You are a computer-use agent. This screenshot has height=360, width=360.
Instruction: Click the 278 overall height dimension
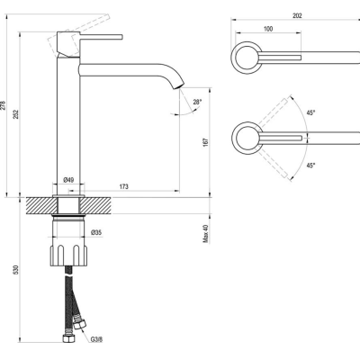3,105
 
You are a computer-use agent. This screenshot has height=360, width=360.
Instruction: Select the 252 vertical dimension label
16,114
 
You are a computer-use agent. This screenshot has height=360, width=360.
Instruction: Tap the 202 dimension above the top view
297,16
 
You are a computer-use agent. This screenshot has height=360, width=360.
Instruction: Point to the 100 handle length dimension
268,29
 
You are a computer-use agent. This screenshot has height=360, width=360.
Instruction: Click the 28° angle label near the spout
197,102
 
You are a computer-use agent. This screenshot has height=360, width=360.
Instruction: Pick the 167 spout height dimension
205,142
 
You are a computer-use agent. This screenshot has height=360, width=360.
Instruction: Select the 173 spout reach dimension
124,186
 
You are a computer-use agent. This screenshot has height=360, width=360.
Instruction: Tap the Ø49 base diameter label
68,180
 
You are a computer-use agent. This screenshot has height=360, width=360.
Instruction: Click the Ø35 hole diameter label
96,232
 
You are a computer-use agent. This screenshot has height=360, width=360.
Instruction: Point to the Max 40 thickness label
205,234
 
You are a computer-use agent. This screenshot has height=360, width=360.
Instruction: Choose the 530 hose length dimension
16,269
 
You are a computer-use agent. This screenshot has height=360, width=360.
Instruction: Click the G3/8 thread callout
96,339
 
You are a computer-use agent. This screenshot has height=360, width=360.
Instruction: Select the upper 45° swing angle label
310,112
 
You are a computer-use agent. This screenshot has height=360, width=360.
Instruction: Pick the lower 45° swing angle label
310,165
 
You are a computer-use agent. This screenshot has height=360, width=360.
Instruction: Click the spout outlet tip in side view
178,86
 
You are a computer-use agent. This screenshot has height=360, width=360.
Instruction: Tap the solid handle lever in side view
101,37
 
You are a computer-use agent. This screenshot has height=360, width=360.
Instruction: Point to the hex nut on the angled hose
80,325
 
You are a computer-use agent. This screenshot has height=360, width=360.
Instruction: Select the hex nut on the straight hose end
67,338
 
